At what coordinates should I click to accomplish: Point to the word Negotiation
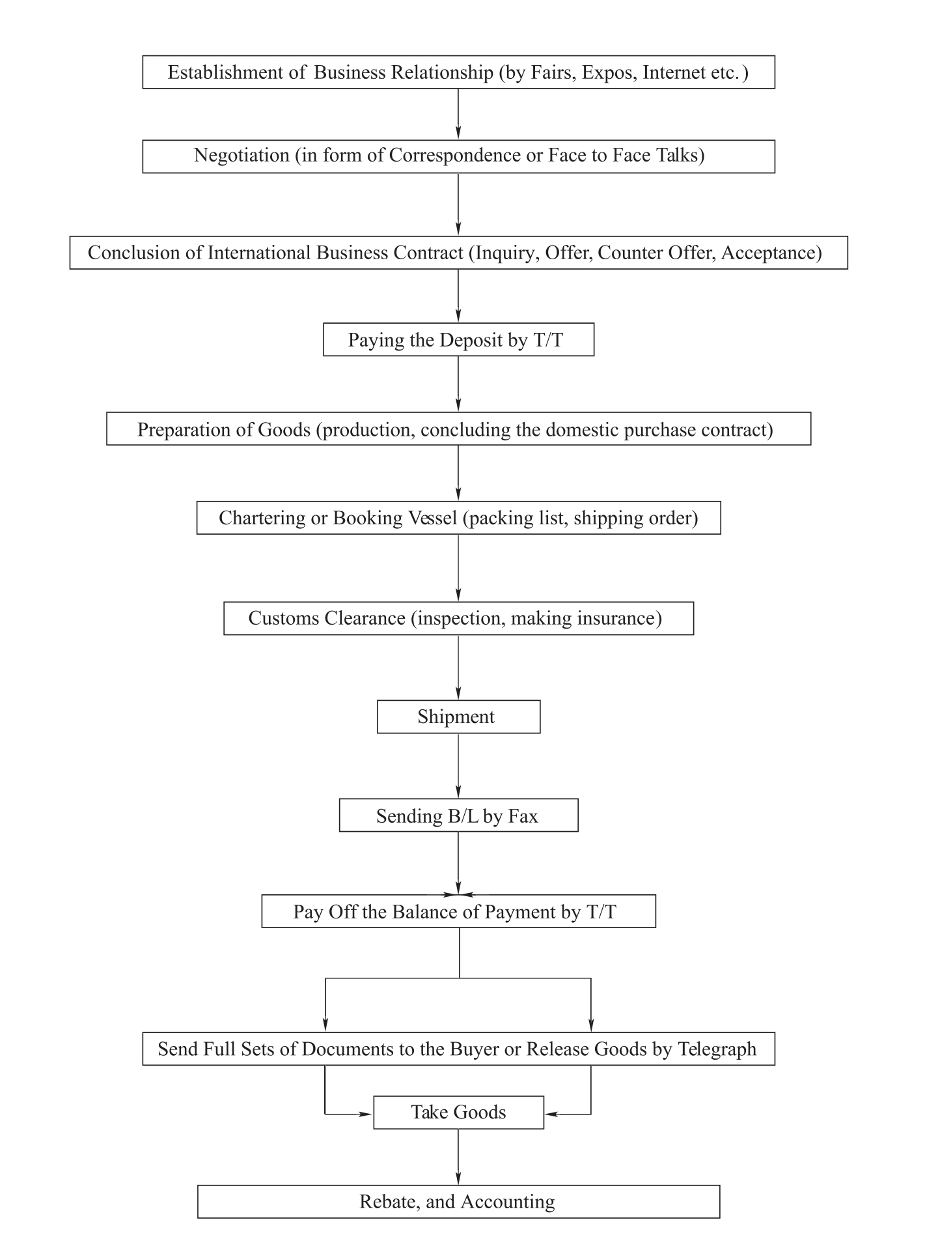pyautogui.click(x=242, y=156)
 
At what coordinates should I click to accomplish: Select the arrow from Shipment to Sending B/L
pyautogui.click(x=458, y=766)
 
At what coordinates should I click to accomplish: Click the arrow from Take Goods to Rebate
pyautogui.click(x=458, y=1157)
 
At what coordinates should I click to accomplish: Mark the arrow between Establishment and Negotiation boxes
pyautogui.click(x=458, y=114)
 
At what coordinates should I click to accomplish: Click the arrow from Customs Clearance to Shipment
pyautogui.click(x=458, y=668)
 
